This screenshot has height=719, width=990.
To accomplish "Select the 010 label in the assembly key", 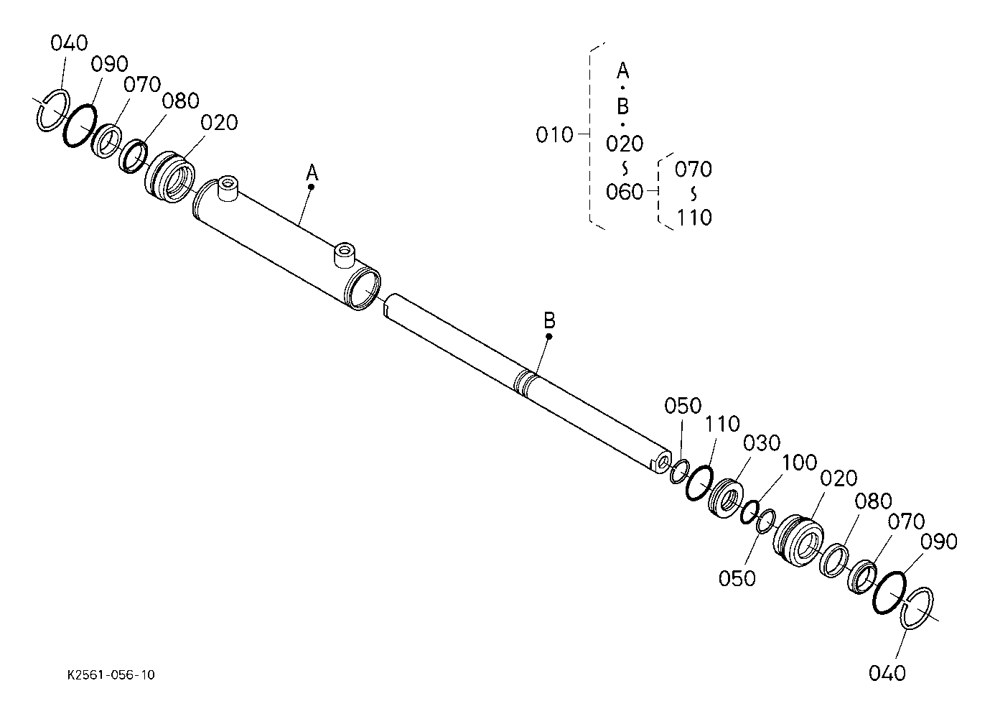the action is click(554, 135).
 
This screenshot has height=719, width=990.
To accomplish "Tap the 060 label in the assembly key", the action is click(624, 192).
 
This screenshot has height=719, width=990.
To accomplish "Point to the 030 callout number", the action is click(761, 443).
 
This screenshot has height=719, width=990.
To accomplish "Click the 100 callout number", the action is click(798, 462).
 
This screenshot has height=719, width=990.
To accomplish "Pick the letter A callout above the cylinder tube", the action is click(312, 172).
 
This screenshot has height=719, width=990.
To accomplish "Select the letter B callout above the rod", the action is click(549, 320).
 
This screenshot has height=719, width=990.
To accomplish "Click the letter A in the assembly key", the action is click(623, 71).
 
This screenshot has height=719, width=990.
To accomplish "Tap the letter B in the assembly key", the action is click(623, 107).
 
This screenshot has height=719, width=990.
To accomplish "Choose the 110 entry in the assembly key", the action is click(694, 217).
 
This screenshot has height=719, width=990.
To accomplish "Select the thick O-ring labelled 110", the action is click(698, 482).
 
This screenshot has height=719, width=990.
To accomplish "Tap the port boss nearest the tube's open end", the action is click(344, 254).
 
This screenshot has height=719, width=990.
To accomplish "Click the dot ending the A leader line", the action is click(312, 187).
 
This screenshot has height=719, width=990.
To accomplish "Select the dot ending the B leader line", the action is click(549, 335).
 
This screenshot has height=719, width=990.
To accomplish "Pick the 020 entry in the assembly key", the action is click(624, 144).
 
